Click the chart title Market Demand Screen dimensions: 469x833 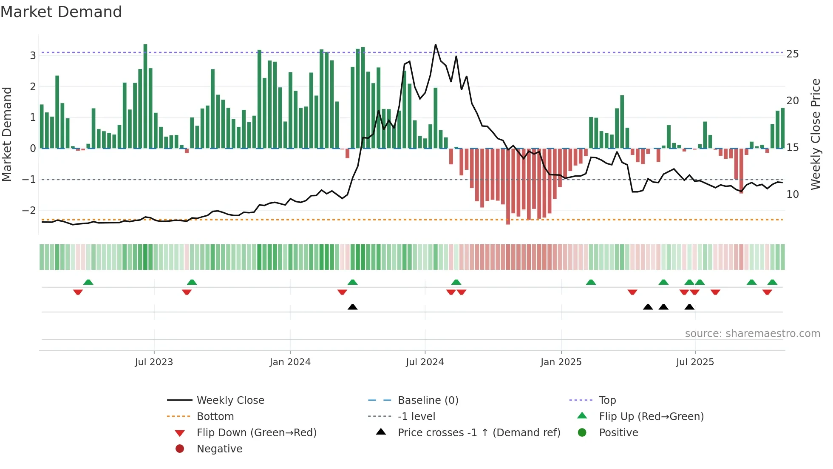(x=61, y=12)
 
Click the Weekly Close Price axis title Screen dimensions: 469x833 (x=816, y=134)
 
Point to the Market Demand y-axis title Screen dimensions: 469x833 (x=7, y=134)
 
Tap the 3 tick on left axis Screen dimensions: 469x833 (x=33, y=55)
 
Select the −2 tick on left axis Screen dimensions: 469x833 (x=29, y=210)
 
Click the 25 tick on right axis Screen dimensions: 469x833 (x=792, y=54)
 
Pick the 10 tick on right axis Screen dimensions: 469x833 (x=792, y=194)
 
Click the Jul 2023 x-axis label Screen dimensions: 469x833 (x=154, y=362)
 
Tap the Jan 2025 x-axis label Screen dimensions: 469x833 (x=561, y=362)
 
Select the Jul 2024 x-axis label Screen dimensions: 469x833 (x=425, y=362)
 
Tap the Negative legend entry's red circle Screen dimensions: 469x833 (x=180, y=449)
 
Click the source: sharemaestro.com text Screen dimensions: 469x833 (x=752, y=334)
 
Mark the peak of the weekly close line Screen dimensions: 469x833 (x=436, y=45)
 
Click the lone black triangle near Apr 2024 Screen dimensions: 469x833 (x=352, y=307)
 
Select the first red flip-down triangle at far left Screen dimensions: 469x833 (x=78, y=292)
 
